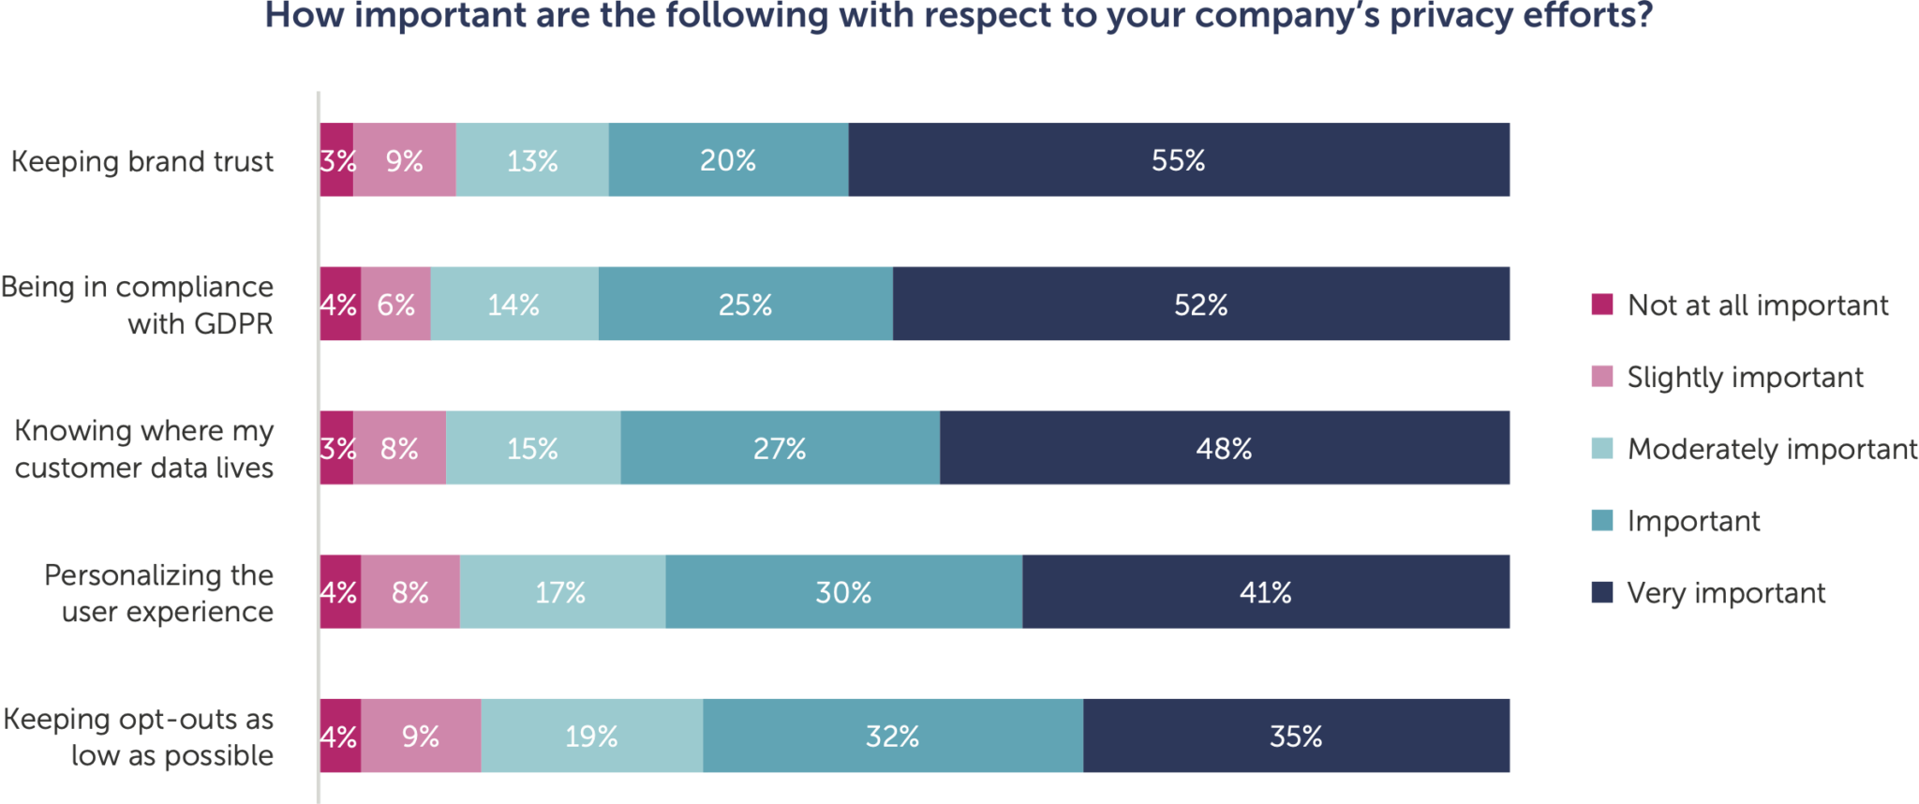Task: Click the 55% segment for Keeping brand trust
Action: point(1179,160)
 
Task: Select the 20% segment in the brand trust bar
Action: point(728,160)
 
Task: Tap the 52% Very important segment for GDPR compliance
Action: point(1200,305)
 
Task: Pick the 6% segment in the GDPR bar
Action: point(395,305)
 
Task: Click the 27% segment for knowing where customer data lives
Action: point(780,449)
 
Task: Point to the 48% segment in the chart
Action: point(1224,449)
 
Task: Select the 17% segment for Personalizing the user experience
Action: point(561,592)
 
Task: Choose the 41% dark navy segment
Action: point(1265,592)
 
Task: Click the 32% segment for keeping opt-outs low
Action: point(892,737)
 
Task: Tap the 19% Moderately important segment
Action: point(591,737)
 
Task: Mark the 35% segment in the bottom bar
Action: point(1296,737)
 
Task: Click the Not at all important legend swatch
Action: point(1601,305)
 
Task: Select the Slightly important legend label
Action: point(1745,377)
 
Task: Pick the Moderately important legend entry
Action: point(1771,449)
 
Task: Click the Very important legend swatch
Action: point(1601,592)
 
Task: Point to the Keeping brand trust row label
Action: point(142,161)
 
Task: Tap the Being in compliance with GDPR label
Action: point(139,305)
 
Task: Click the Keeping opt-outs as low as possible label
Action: point(139,737)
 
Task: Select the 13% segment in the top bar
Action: point(532,160)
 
